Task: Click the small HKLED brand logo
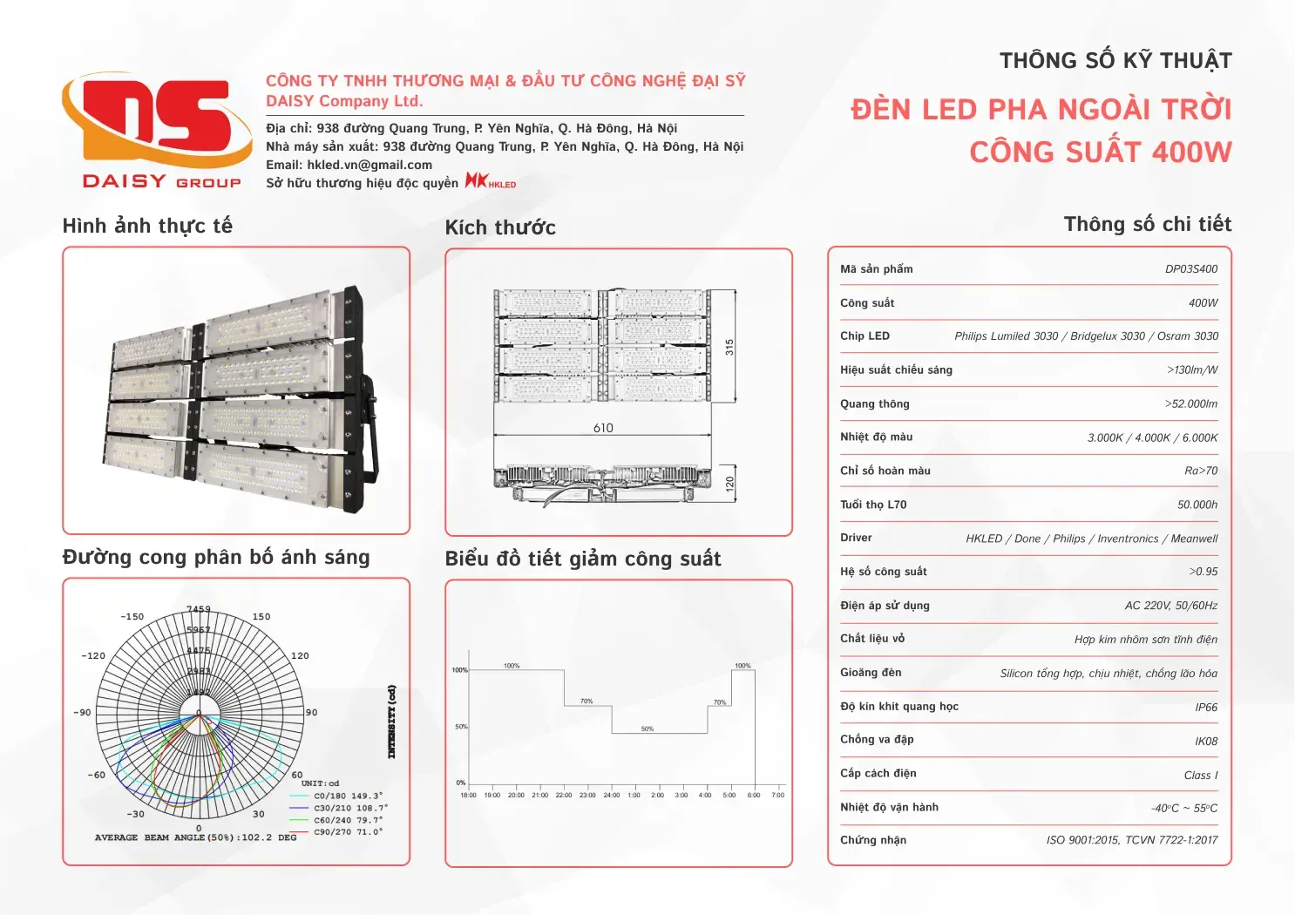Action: [491, 181]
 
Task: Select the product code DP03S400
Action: [1191, 269]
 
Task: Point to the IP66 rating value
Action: [1206, 708]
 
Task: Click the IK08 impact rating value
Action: [1206, 742]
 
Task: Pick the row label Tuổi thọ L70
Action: [873, 505]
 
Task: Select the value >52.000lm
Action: [1191, 404]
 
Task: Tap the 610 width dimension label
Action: [603, 428]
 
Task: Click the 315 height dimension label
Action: [729, 347]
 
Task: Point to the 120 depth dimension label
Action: [729, 483]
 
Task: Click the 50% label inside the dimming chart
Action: [647, 729]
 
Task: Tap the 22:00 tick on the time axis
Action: [564, 795]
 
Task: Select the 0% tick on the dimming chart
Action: [461, 783]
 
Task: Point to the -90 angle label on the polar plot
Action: [82, 713]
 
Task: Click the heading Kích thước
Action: [500, 228]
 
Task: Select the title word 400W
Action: [1191, 152]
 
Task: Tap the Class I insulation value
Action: [1201, 776]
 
